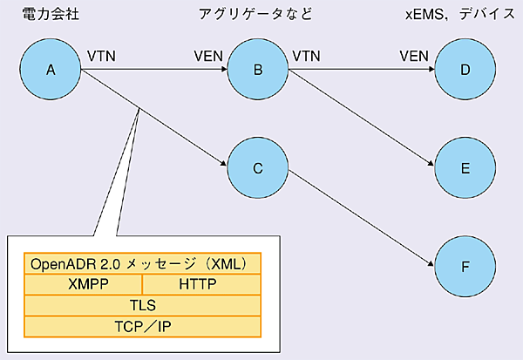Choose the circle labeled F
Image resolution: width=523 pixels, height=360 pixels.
[x=465, y=262]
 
